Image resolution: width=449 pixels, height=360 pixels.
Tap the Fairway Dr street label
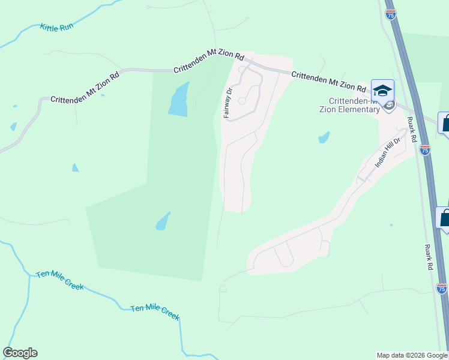(228, 102)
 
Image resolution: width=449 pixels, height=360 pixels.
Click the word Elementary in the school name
(358, 109)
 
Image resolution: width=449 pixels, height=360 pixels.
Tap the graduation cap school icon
(382, 91)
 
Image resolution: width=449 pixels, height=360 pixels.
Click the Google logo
(20, 353)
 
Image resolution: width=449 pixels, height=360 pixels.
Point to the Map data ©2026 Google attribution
(412, 355)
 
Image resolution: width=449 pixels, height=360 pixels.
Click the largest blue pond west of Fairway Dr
(179, 100)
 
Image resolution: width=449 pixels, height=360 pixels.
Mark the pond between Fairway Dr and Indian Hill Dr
(324, 137)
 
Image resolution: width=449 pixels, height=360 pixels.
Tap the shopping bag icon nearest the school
(445, 124)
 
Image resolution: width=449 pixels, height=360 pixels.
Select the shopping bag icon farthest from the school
(444, 218)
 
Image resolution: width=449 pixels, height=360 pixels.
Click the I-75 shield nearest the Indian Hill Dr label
(425, 150)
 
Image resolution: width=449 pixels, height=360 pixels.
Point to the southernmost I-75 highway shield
(442, 289)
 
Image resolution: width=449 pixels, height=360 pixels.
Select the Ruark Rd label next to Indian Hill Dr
(411, 128)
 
